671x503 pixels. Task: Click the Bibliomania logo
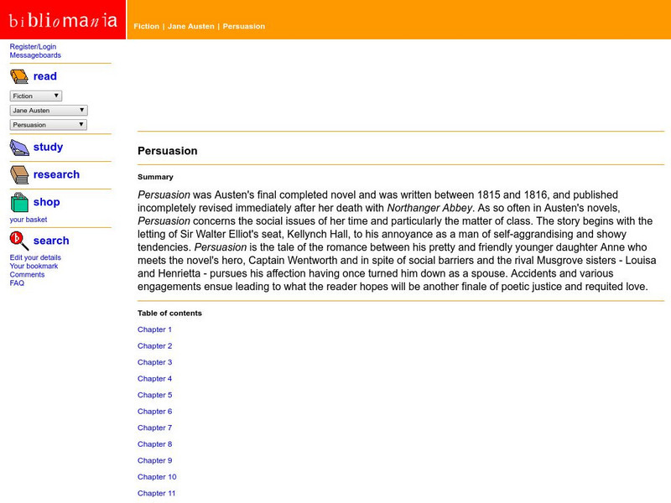[x=63, y=19]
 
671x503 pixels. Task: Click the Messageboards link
[x=35, y=55]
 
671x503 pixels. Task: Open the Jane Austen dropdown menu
[x=49, y=110]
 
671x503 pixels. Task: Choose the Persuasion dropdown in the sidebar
[x=49, y=124]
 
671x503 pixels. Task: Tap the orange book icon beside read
[x=19, y=76]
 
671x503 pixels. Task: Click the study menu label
[x=48, y=147]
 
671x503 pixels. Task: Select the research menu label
[x=56, y=174]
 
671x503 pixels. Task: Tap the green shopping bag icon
[x=19, y=202]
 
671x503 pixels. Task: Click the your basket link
[x=29, y=220]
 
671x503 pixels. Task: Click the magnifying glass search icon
[x=19, y=241]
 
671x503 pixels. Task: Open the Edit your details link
[x=35, y=257]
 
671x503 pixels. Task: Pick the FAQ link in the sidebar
[x=17, y=283]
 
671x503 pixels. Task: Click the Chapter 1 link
[x=155, y=329]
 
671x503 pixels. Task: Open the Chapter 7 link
[x=155, y=428]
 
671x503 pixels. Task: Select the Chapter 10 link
[x=157, y=476]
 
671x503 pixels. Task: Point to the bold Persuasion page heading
[x=168, y=151]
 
